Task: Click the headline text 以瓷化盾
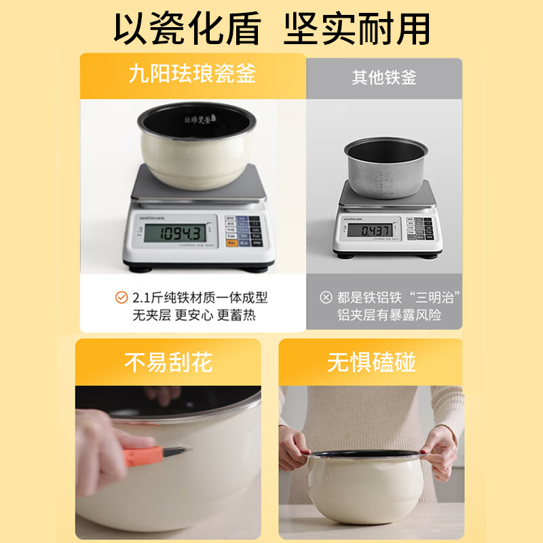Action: coord(188,29)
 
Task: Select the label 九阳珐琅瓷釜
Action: coord(192,74)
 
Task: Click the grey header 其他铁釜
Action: coord(383,77)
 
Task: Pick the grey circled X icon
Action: coord(326,297)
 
